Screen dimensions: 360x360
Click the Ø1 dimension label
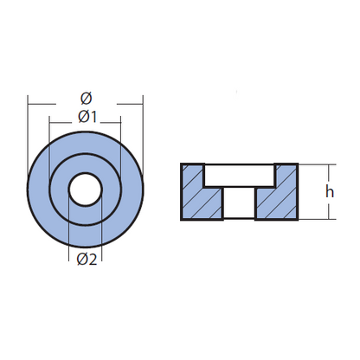coord(87,117)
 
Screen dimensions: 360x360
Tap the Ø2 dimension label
coord(87,260)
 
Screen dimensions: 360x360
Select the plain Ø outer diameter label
coord(86,99)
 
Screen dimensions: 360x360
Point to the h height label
coord(330,191)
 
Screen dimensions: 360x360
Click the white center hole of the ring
coord(86,190)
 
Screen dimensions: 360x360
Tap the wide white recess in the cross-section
coord(239,176)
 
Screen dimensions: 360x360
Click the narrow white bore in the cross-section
coord(240,202)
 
